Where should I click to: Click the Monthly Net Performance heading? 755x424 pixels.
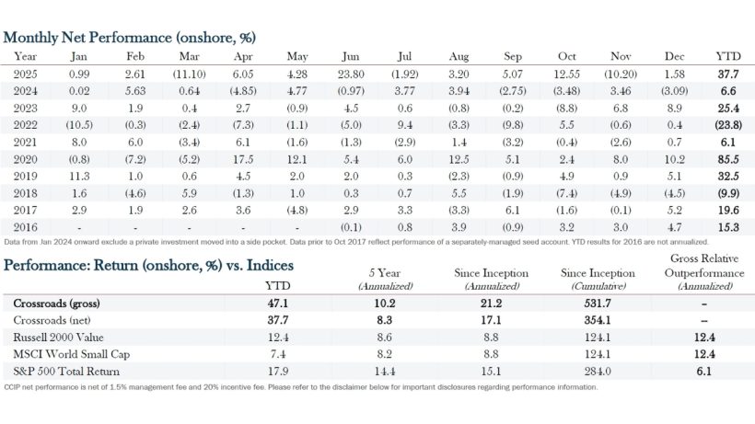tap(129, 38)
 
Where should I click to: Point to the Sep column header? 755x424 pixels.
tap(512, 56)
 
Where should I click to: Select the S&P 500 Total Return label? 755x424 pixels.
tap(66, 371)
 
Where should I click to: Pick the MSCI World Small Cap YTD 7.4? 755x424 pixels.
tap(276, 354)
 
